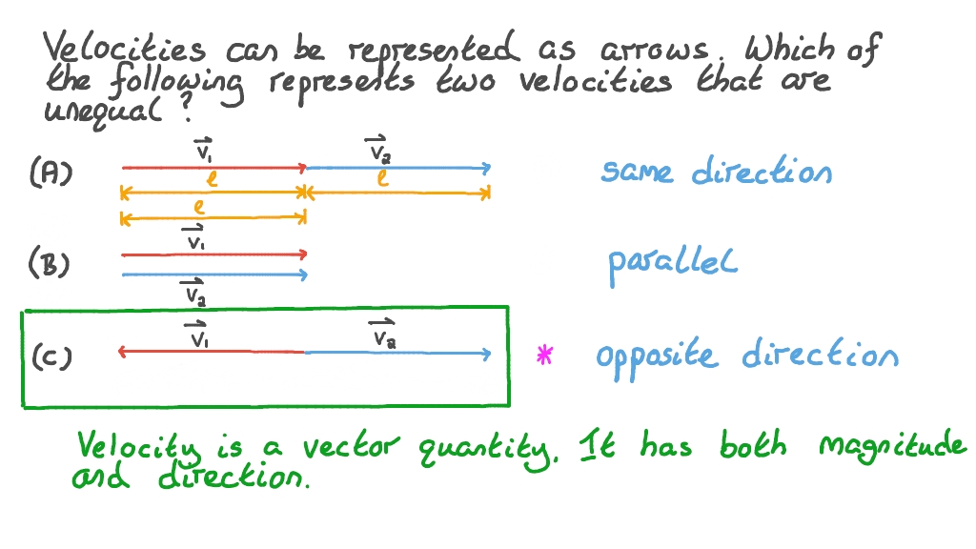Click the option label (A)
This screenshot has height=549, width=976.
pyautogui.click(x=51, y=173)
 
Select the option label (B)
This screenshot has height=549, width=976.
pyautogui.click(x=50, y=264)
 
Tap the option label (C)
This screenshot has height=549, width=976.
pyautogui.click(x=51, y=357)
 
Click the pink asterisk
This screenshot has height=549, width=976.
pyautogui.click(x=544, y=356)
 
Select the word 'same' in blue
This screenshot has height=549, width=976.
pyautogui.click(x=637, y=173)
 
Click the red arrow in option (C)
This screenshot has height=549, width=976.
pyautogui.click(x=212, y=353)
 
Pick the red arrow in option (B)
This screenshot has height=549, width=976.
pyautogui.click(x=214, y=254)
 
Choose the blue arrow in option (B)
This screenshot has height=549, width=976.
pyautogui.click(x=214, y=275)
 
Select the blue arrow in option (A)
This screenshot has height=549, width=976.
pyautogui.click(x=397, y=169)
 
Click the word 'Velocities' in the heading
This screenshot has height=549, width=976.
pyautogui.click(x=125, y=48)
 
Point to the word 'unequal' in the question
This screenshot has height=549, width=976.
pyautogui.click(x=108, y=112)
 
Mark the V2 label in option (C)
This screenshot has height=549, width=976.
pyautogui.click(x=383, y=335)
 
